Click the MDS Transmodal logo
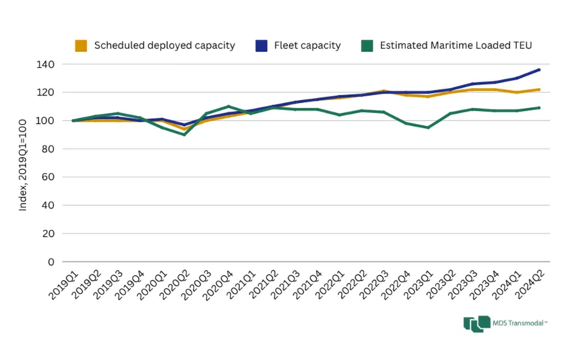coord(504,325)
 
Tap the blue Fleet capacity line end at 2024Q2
coord(539,70)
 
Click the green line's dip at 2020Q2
coord(185,135)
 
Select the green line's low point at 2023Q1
coord(428,127)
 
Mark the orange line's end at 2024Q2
coord(539,89)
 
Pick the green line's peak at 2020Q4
coord(228,107)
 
